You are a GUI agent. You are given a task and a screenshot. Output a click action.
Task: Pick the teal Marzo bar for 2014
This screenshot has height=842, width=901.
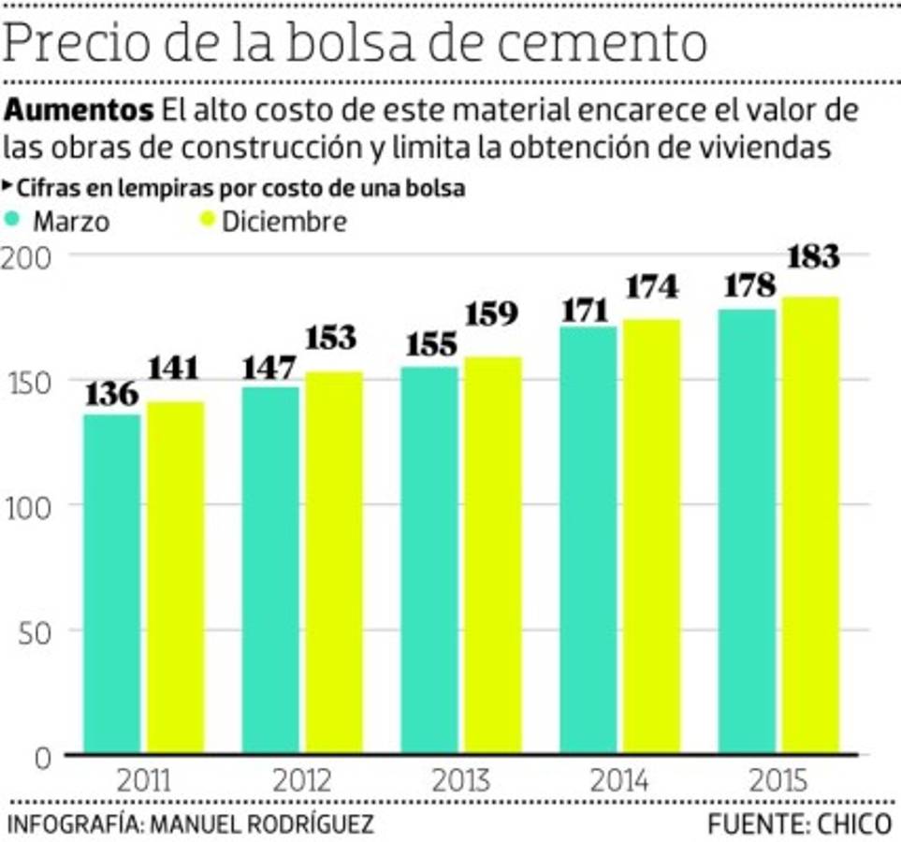tap(589, 539)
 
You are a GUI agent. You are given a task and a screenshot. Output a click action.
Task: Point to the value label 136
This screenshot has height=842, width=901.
tap(111, 395)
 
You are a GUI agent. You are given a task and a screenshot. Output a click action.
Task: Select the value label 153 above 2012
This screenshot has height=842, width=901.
tap(332, 338)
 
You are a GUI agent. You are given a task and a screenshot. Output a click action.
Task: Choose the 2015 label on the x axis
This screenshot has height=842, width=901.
tap(779, 779)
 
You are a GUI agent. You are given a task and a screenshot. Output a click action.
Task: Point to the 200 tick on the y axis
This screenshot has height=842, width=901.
tap(29, 256)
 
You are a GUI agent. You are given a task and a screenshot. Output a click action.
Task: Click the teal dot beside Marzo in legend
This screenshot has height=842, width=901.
tap(13, 221)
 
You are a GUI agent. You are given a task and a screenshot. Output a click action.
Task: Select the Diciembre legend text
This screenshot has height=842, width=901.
tap(283, 222)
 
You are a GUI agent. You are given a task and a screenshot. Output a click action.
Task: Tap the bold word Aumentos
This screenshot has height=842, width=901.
tap(80, 110)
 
